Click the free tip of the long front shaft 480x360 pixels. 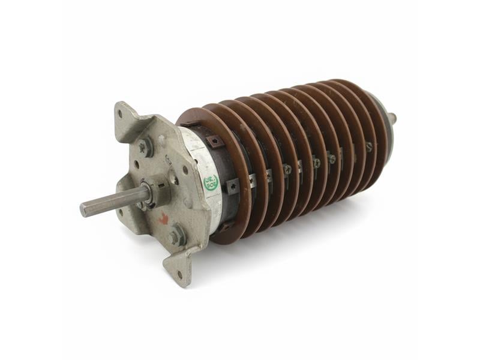click(x=84, y=209)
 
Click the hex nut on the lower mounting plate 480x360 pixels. click(x=175, y=237)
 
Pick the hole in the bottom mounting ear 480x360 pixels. click(x=179, y=275)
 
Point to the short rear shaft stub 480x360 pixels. click(x=392, y=116)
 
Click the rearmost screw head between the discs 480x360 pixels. click(x=368, y=146)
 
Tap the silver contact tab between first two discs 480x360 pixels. click(x=253, y=178)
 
